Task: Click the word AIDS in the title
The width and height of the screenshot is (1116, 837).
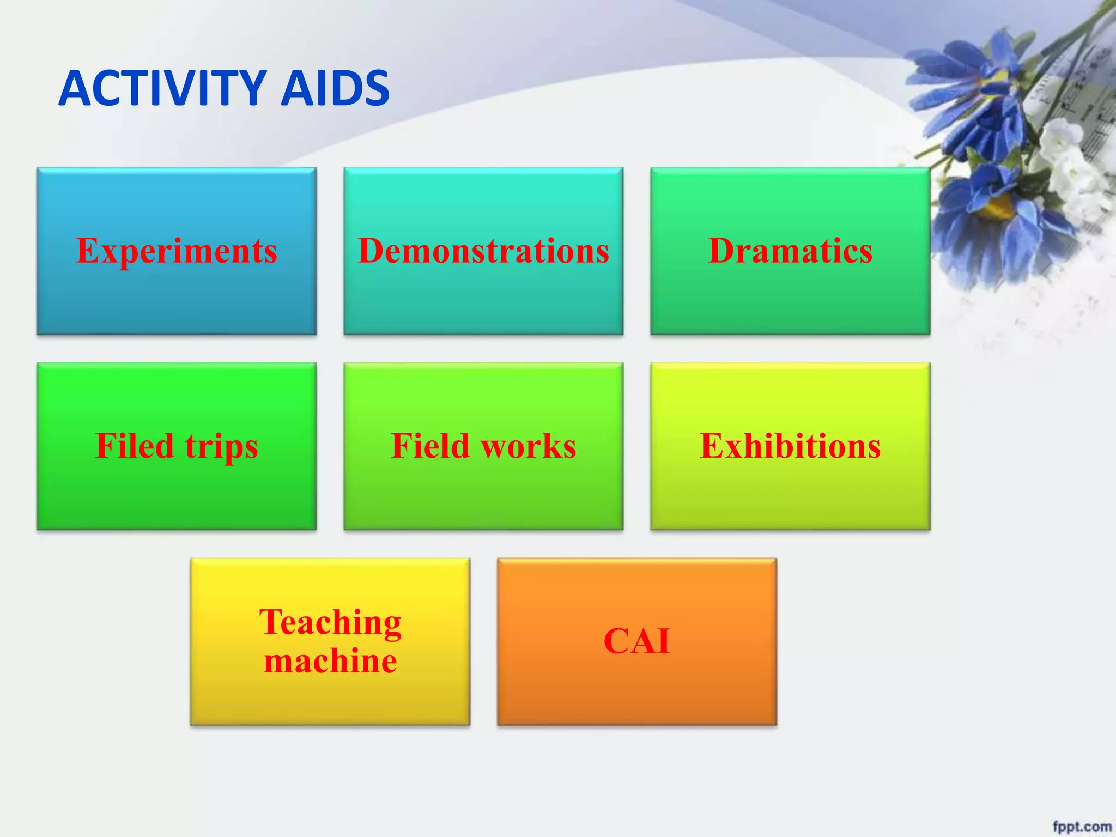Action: pyautogui.click(x=335, y=88)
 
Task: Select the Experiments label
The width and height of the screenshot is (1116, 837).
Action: pyautogui.click(x=177, y=251)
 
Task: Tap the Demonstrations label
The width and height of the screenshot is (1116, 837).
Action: pyautogui.click(x=483, y=251)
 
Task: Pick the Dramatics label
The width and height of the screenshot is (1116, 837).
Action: pyautogui.click(x=790, y=251)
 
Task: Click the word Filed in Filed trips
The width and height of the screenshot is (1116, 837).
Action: pyautogui.click(x=135, y=446)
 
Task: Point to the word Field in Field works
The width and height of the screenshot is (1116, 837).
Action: pyautogui.click(x=430, y=446)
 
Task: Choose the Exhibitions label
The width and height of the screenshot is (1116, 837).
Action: pyautogui.click(x=790, y=446)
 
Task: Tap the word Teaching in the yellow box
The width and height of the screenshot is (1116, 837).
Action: pyautogui.click(x=330, y=622)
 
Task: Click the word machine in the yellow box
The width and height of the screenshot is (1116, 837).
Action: pyautogui.click(x=330, y=661)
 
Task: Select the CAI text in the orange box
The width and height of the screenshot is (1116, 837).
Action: pyautogui.click(x=636, y=641)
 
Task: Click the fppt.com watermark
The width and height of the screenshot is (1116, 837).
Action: pyautogui.click(x=1082, y=826)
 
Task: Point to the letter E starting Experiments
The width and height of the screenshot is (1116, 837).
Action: pyautogui.click(x=87, y=251)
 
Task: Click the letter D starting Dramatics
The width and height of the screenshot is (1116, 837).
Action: pyautogui.click(x=721, y=251)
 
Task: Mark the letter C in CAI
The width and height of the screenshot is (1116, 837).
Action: pyautogui.click(x=617, y=641)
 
